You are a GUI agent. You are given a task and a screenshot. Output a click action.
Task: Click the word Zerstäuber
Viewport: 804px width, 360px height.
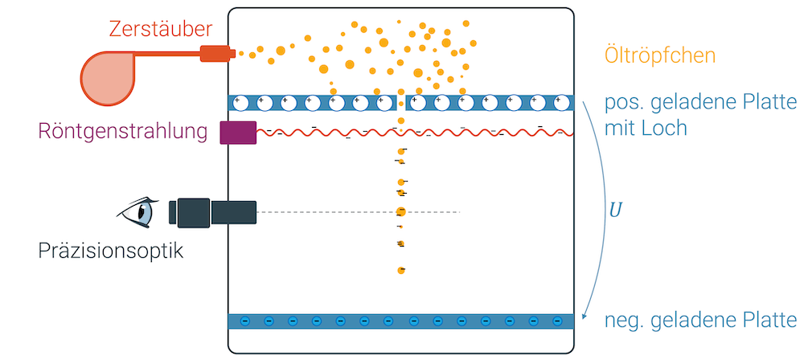point(161,30)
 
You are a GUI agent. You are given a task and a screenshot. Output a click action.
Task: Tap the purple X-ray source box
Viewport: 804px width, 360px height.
point(238,133)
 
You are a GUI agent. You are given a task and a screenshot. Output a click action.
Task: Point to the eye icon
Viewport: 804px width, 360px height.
point(138,212)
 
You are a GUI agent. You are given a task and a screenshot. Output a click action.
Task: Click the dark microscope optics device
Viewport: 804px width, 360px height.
point(213,212)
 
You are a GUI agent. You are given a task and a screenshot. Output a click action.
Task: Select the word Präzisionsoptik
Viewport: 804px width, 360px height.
point(111,252)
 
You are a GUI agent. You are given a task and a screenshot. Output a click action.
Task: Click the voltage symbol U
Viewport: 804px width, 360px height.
point(616,211)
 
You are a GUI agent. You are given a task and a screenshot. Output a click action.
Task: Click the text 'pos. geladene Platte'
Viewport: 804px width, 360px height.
point(699,103)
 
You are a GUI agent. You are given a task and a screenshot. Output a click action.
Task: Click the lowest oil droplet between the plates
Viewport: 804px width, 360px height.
point(400,270)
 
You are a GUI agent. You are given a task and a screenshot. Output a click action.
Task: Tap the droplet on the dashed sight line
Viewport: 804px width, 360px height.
point(400,212)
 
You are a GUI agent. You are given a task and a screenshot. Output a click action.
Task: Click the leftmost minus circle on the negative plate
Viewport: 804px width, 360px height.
point(245,321)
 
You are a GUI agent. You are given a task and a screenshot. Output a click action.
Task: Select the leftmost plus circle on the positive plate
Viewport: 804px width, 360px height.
point(238,103)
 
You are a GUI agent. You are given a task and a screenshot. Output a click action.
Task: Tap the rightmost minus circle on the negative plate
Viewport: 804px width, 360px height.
point(557,321)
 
